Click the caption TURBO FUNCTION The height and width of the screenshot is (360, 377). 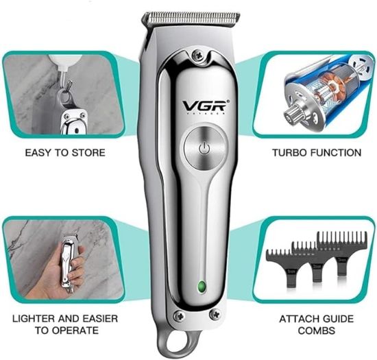317,152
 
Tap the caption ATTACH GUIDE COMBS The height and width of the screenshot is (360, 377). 317,324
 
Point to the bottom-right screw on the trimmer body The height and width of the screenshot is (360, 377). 214,315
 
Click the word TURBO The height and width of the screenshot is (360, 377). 290,152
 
